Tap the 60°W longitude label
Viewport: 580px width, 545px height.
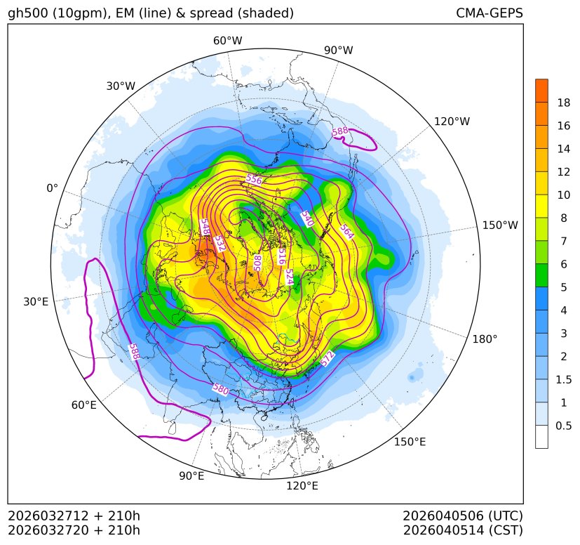227,41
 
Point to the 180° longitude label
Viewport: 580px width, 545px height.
485,339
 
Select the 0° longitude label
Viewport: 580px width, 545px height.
52,188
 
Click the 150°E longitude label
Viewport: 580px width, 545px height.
410,441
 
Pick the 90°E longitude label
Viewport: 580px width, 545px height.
191,476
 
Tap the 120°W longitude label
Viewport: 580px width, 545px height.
452,122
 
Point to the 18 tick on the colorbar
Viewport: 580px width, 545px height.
563,103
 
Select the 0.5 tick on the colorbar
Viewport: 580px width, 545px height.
563,426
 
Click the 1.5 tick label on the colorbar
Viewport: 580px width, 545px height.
563,379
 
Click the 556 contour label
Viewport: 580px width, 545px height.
254,180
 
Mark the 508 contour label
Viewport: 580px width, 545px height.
257,263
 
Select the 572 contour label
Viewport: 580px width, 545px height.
328,359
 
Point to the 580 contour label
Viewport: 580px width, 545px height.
220,388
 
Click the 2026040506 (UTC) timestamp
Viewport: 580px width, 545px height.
462,516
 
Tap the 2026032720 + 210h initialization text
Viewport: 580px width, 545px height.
74,530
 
